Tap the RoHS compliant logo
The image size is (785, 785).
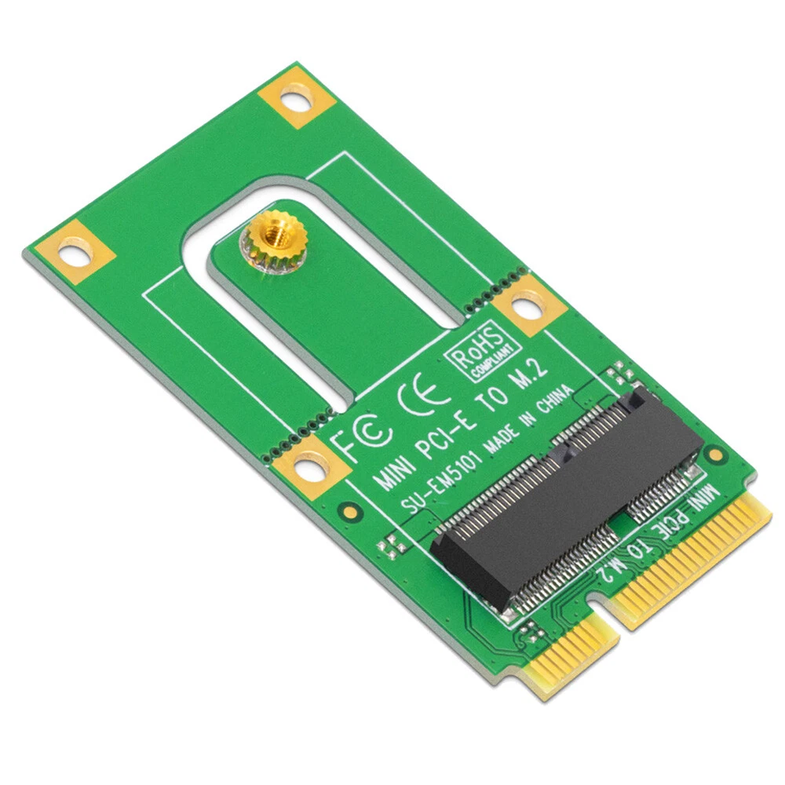pos(483,350)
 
